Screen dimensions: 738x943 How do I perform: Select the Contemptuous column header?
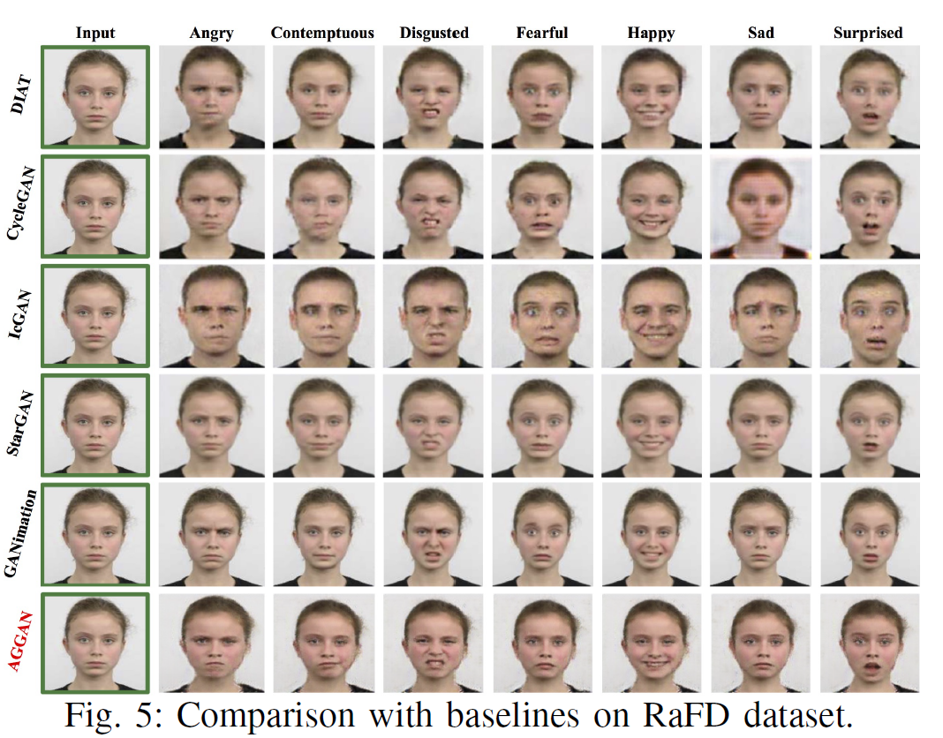click(x=322, y=33)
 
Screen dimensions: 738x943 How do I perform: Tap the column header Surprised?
click(x=868, y=33)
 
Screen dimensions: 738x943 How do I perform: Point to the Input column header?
click(x=95, y=33)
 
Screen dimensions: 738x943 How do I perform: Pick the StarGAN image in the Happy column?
click(x=652, y=425)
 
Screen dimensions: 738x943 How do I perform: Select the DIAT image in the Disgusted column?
click(x=433, y=96)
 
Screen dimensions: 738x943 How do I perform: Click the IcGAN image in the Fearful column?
click(x=542, y=316)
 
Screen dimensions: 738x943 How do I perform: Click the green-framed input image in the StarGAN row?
click(x=95, y=425)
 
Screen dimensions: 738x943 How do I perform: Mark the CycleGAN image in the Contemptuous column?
click(x=323, y=207)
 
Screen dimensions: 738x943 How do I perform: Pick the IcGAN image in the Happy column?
click(x=652, y=316)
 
